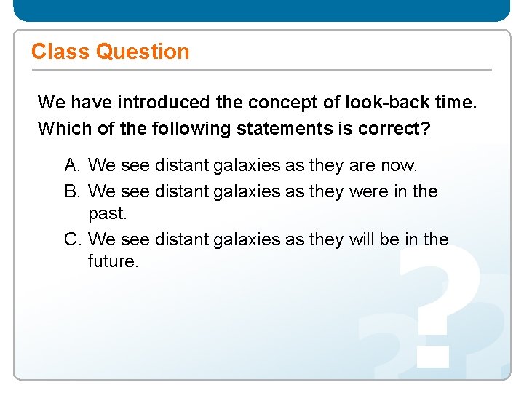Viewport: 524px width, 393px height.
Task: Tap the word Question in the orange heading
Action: pos(143,52)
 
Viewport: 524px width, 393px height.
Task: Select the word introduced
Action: pos(163,103)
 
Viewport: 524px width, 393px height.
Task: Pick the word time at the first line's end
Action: pos(457,103)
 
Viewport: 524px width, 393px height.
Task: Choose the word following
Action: pos(191,129)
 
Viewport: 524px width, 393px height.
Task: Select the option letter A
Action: pos(71,165)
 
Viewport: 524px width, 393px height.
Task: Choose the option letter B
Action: pos(71,191)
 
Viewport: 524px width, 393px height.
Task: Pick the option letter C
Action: pos(71,239)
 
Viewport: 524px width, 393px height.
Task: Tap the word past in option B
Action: pos(106,215)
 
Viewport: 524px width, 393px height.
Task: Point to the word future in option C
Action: pos(113,261)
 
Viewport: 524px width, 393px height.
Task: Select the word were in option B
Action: pos(368,191)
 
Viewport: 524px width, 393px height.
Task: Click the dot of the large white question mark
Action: pos(432,350)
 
